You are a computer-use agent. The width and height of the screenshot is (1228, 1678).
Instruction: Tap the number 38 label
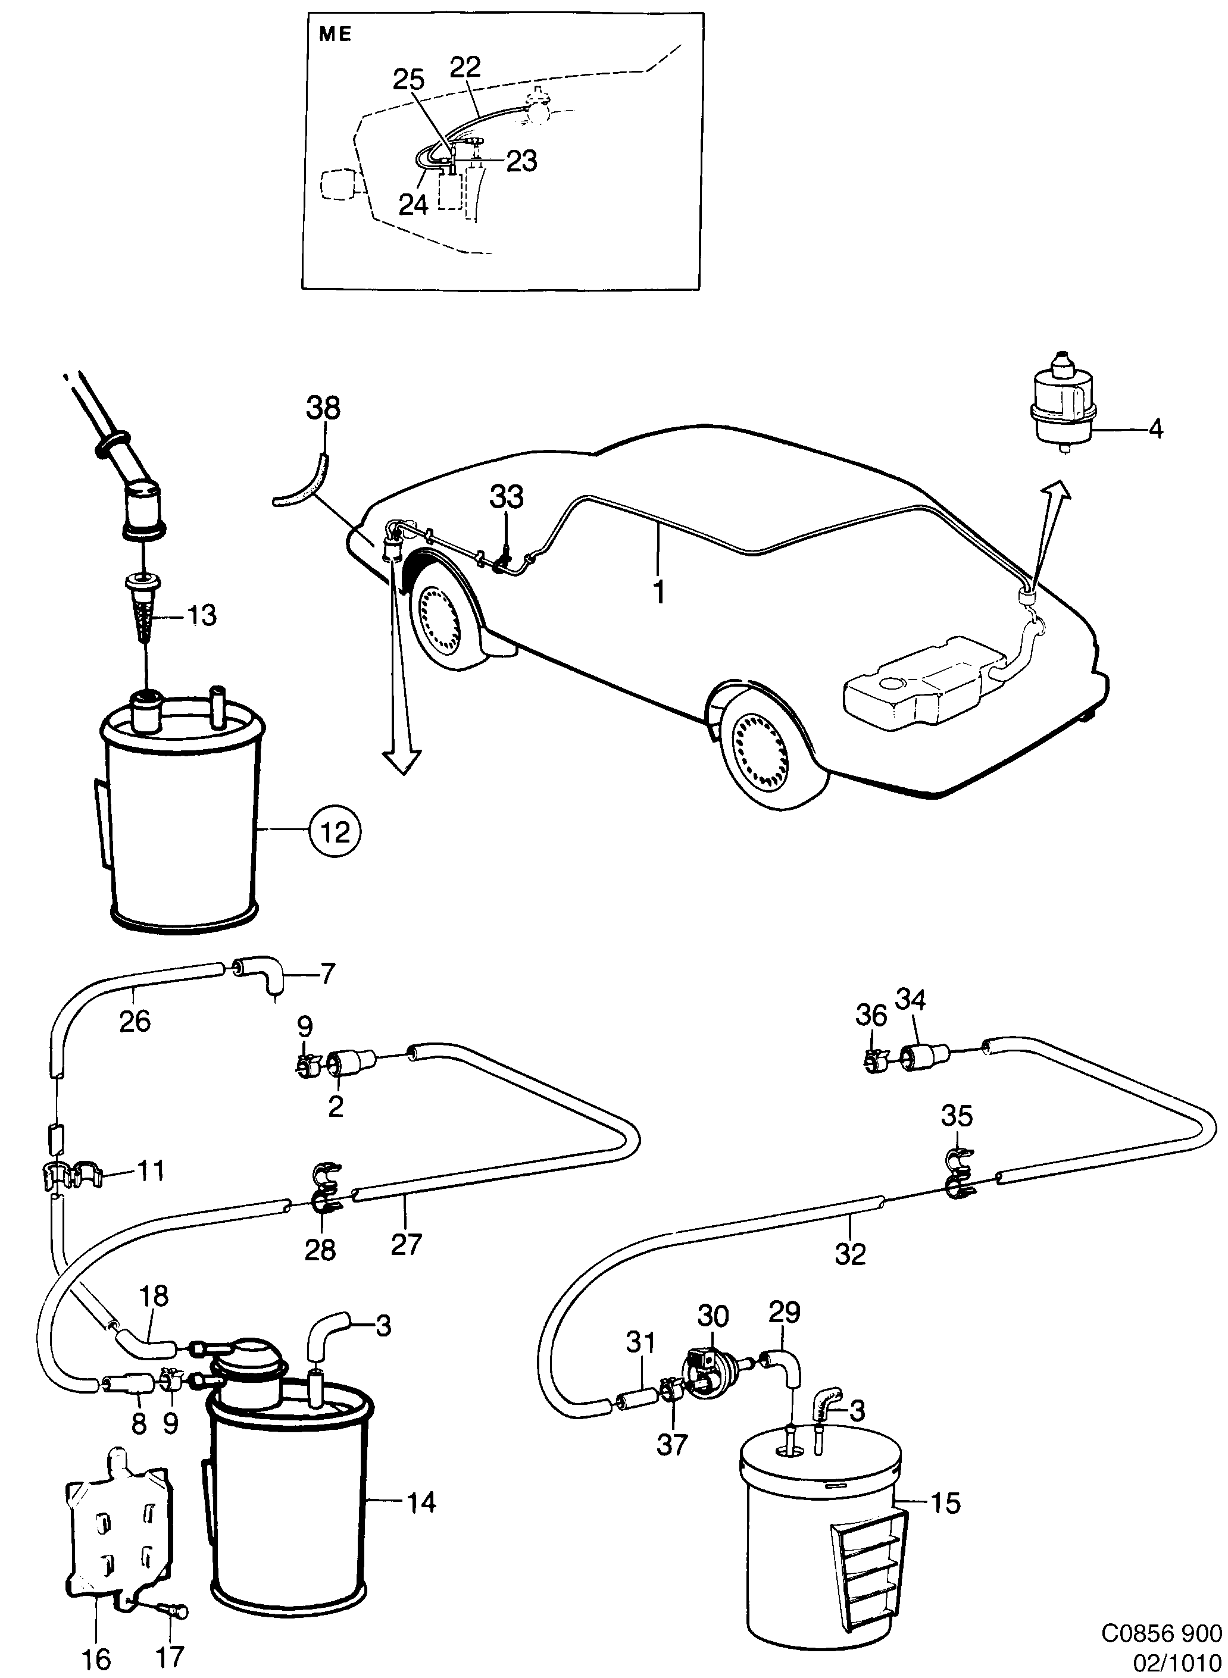coord(323,409)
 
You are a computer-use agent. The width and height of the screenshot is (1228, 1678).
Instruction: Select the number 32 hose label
coord(849,1254)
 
